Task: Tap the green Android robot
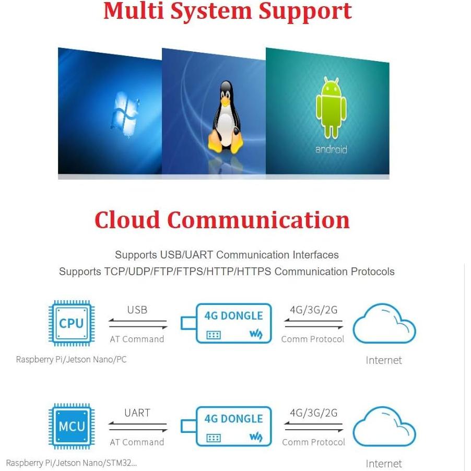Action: click(331, 109)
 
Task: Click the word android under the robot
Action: click(331, 150)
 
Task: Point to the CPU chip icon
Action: click(72, 323)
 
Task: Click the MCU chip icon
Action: click(72, 426)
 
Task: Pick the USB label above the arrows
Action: click(137, 310)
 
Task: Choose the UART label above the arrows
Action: click(137, 413)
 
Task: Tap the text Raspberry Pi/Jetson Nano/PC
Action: click(71, 359)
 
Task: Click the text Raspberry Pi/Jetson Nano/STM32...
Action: click(72, 463)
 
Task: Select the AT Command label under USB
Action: click(137, 339)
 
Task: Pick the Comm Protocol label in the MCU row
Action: click(313, 442)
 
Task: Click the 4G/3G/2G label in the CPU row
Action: click(313, 310)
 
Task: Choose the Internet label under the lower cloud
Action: click(384, 464)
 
